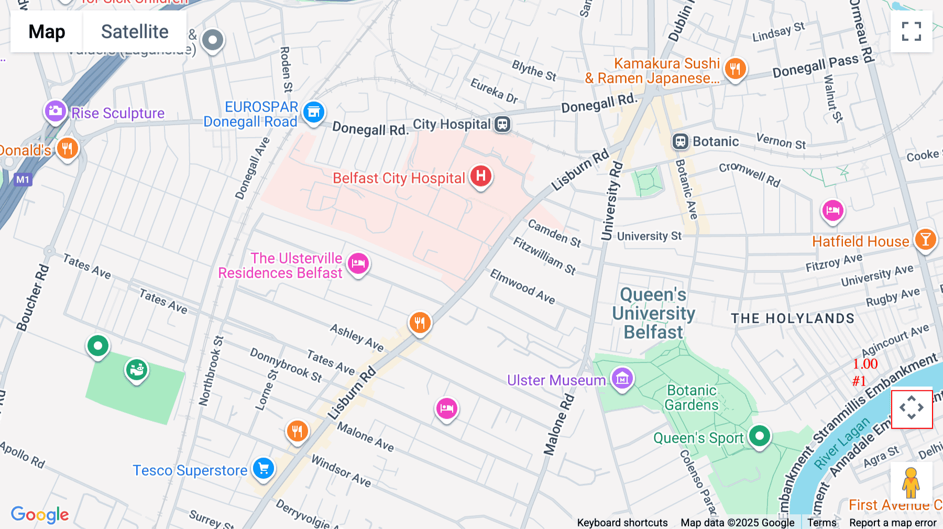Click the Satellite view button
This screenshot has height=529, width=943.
(x=135, y=31)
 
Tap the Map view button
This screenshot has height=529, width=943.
(x=47, y=31)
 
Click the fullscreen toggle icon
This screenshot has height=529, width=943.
(x=911, y=31)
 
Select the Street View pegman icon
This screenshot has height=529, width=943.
(x=911, y=483)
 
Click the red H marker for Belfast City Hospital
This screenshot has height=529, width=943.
(x=480, y=176)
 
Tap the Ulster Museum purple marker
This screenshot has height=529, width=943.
(x=622, y=378)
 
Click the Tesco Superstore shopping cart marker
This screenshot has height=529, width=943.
(x=264, y=468)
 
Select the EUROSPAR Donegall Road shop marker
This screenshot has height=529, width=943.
(x=314, y=112)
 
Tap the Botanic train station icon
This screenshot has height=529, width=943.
(x=680, y=141)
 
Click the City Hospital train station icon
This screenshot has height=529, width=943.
(x=502, y=124)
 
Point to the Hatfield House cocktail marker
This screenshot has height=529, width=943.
(x=925, y=240)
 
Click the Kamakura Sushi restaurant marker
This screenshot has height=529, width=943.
(x=735, y=69)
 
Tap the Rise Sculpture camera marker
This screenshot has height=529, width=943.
(x=55, y=111)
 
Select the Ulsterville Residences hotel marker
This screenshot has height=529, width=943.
(x=358, y=263)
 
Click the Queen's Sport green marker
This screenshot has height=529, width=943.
(x=759, y=435)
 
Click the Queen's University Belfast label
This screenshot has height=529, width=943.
(x=653, y=313)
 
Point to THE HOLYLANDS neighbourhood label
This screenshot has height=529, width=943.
(x=792, y=318)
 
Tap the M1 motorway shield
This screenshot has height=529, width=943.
(x=23, y=180)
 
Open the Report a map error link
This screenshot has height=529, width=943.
(x=892, y=522)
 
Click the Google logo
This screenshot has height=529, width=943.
(x=40, y=514)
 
